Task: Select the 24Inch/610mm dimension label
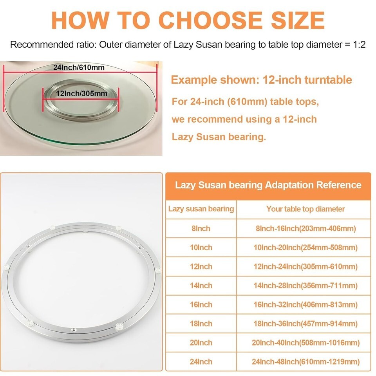pos(79,67)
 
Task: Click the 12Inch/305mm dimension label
pos(81,93)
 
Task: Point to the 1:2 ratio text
pos(359,45)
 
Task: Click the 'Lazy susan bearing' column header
pos(201,209)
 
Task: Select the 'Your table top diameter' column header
pos(305,209)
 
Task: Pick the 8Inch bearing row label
pos(201,228)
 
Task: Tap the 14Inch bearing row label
pos(201,286)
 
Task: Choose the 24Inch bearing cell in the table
pos(201,362)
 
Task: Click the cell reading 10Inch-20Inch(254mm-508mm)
pos(305,248)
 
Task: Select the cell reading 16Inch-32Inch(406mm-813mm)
pos(305,305)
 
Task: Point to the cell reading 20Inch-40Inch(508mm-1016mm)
pos(305,343)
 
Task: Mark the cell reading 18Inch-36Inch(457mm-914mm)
pos(305,324)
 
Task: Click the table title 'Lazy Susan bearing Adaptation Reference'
pos(268,185)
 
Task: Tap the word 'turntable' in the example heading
pos(328,80)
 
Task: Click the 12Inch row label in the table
pos(201,266)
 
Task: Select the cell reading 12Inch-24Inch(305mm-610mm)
pos(305,266)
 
